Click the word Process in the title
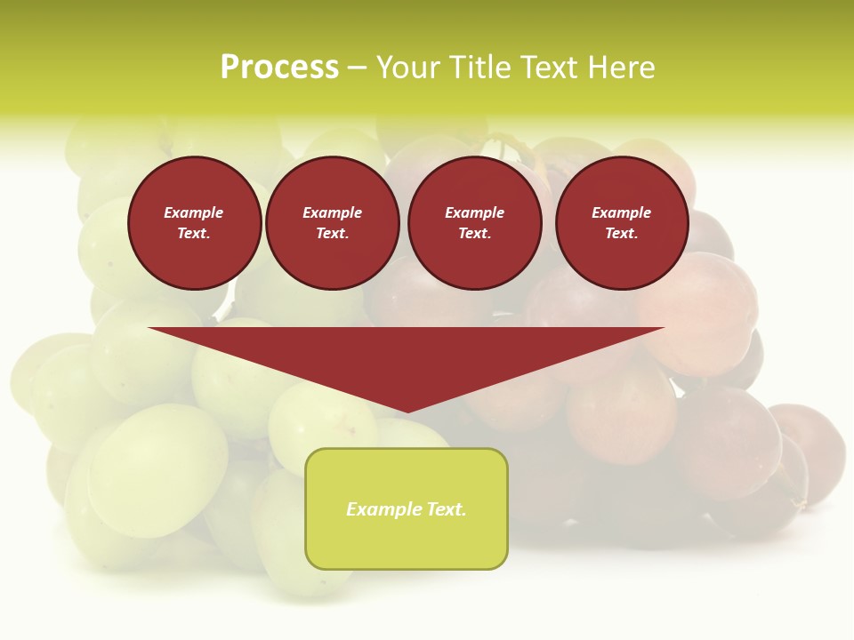coord(279,68)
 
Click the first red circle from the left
coord(194,223)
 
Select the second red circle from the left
coord(333,223)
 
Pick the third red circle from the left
coord(475,223)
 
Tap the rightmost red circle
coord(622,223)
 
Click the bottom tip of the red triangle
coord(407,411)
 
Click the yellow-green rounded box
coord(407,508)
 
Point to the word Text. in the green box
coord(445,509)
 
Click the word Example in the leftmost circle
coord(194,212)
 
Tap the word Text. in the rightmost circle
coord(622,234)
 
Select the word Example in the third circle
coord(475,212)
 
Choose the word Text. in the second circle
coord(333,234)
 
